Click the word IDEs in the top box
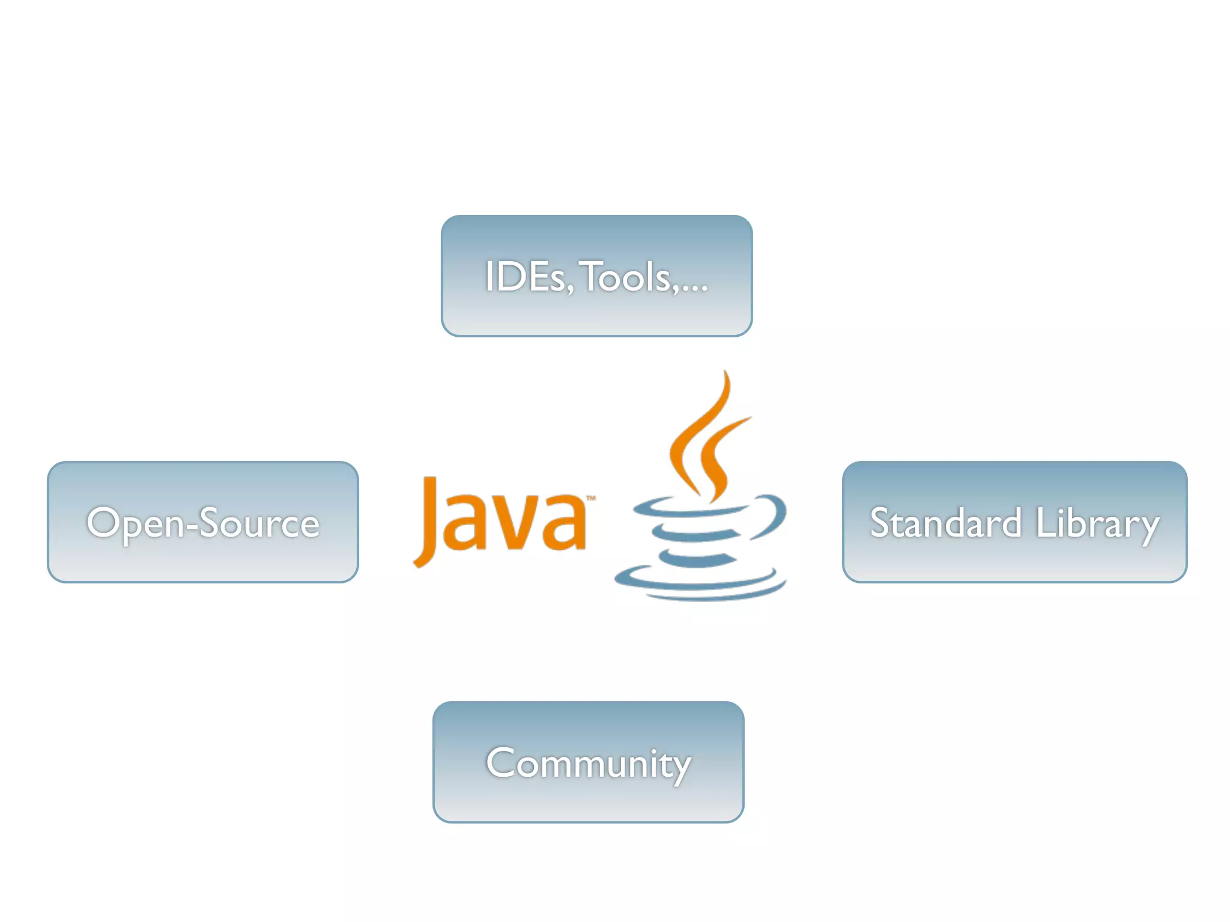pyautogui.click(x=526, y=277)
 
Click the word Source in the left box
pyautogui.click(x=259, y=523)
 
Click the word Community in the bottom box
pyautogui.click(x=589, y=764)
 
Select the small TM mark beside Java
pyautogui.click(x=591, y=498)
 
